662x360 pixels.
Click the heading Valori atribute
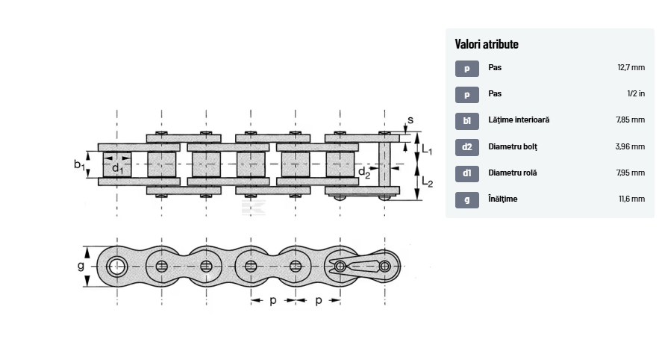[487, 44]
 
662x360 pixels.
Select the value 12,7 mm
[631, 67]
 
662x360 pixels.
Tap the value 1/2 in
[636, 93]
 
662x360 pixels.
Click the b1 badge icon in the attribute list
[467, 120]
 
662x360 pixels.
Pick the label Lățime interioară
[519, 120]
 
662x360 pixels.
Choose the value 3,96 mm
[630, 146]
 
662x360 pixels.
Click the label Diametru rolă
[513, 173]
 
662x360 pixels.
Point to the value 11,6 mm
[631, 199]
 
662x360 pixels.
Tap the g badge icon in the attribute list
[467, 199]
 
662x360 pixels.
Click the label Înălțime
[502, 199]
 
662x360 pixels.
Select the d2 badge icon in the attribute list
[467, 146]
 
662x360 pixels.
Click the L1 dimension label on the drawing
[427, 149]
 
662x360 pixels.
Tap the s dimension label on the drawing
[410, 121]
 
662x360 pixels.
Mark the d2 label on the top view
[363, 172]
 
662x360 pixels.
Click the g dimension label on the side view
[81, 265]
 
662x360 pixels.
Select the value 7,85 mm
[630, 120]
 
